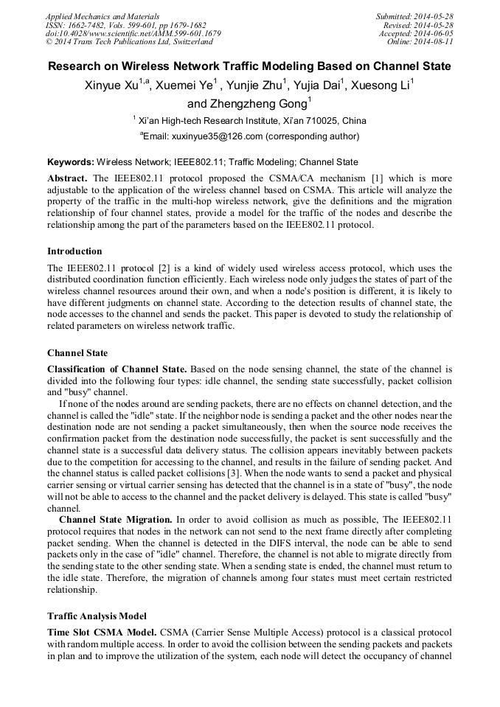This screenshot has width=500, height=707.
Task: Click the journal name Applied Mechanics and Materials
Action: [x=102, y=16]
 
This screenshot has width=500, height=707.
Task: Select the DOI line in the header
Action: [x=133, y=34]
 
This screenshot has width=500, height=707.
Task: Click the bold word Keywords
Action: [x=70, y=162]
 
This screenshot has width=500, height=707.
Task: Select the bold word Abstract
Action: [x=67, y=178]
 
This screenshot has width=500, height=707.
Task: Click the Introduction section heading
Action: [x=74, y=251]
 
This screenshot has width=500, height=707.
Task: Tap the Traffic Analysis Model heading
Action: [x=97, y=616]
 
